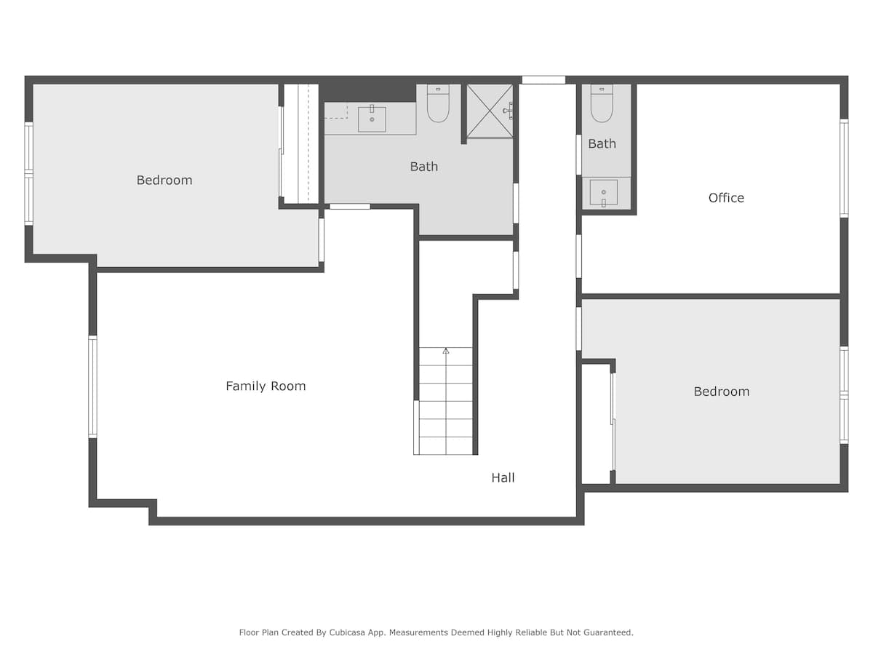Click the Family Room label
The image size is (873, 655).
click(266, 386)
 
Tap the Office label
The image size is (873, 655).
click(726, 198)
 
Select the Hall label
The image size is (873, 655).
click(503, 478)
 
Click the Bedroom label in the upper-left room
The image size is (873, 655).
click(164, 180)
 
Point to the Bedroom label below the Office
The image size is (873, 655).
click(721, 392)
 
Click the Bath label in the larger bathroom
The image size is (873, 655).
click(424, 167)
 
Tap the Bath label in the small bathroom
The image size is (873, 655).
click(602, 144)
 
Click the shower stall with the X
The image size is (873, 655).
click(489, 111)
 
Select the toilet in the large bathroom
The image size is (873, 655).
click(438, 103)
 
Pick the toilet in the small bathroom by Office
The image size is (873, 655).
click(602, 103)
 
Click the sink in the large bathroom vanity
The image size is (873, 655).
click(372, 119)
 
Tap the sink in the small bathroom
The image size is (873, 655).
click(603, 193)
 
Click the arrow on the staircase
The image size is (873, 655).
click(446, 352)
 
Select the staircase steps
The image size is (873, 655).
click(446, 408)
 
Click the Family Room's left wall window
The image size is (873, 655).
click(92, 386)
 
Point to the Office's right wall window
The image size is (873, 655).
click(844, 168)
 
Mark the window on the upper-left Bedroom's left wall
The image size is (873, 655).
click(28, 173)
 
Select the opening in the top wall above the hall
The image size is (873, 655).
click(543, 80)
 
